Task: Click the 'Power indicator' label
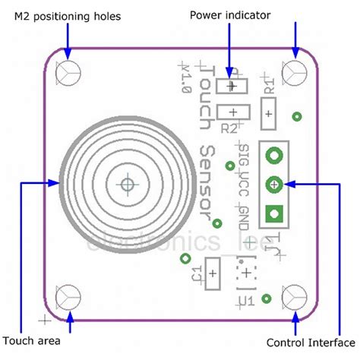229,15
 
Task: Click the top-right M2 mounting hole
295,73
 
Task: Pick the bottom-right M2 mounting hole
295,295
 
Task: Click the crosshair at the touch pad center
126,184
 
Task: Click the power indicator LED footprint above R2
230,87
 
